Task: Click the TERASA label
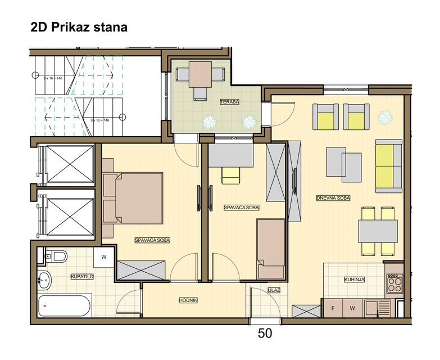pos(229,102)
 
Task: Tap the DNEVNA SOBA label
pos(333,198)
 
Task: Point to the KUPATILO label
pos(82,277)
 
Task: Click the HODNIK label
pos(188,300)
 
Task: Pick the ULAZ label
pos(274,290)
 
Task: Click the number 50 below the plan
pos(265,334)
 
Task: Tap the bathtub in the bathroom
pos(65,305)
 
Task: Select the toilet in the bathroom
pos(56,256)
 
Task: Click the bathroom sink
pos(44,280)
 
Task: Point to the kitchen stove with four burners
pos(394,283)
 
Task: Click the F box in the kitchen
pos(333,308)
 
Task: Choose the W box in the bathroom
pos(104,257)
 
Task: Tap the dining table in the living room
pos(378,231)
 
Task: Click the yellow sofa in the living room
pos(389,166)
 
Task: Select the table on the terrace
pos(200,74)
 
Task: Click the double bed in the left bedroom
pos(133,198)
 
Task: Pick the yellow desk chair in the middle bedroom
pos(230,176)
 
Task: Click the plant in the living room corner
pos(385,118)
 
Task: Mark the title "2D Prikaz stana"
pos(79,27)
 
